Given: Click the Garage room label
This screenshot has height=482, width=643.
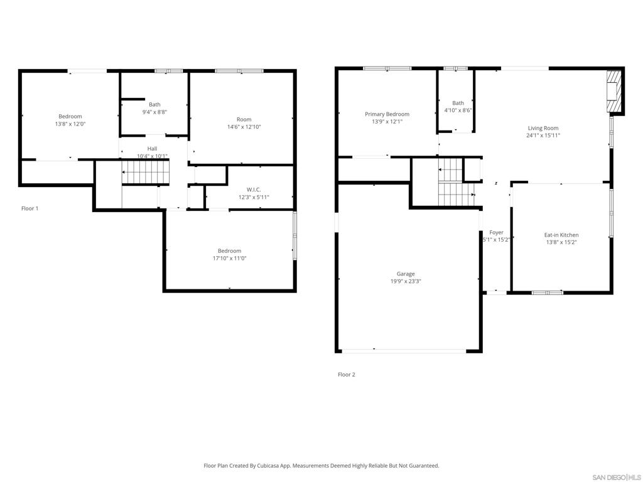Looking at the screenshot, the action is click(x=406, y=274).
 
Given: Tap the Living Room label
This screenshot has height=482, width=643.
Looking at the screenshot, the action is click(x=543, y=128).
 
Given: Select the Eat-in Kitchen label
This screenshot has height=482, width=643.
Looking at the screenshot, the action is click(x=561, y=235).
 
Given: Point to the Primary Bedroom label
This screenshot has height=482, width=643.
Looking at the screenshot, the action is click(x=387, y=114).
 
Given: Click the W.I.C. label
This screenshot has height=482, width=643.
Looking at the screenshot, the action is click(x=254, y=190).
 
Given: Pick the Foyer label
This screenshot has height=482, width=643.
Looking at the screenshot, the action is click(x=496, y=232).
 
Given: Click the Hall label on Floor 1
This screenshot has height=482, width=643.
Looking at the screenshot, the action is click(x=152, y=148).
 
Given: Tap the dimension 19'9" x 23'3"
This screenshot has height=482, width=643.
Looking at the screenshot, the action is click(x=406, y=281).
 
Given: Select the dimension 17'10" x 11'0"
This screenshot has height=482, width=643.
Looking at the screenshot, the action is click(x=229, y=258).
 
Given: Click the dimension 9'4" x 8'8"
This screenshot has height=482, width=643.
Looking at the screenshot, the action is click(x=154, y=112).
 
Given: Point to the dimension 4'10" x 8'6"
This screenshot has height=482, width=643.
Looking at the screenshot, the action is click(x=458, y=110).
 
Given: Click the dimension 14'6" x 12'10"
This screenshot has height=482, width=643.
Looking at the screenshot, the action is click(x=244, y=127).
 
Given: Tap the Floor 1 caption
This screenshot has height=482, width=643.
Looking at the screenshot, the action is click(x=30, y=208).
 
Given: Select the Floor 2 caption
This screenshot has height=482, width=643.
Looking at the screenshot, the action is click(x=347, y=374).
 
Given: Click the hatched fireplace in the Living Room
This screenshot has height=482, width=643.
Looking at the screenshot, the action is click(x=614, y=90).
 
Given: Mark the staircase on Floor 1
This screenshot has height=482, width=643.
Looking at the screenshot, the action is click(x=146, y=172).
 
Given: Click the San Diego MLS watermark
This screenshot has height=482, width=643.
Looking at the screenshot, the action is click(x=616, y=478).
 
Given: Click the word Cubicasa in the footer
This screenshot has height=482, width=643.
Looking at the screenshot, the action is click(x=269, y=466).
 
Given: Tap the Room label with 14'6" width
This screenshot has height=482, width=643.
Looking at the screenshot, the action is click(x=244, y=119).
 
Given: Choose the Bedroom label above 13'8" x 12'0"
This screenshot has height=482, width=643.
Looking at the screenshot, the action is click(x=70, y=116).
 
